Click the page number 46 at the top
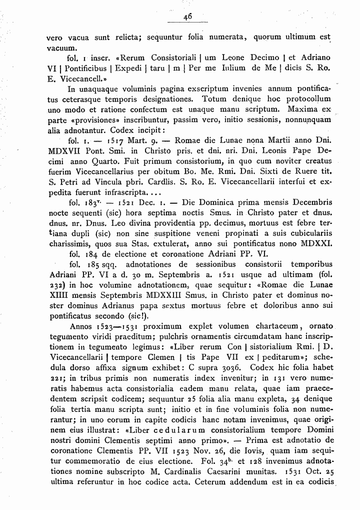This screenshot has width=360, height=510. pyautogui.click(x=188, y=16)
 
